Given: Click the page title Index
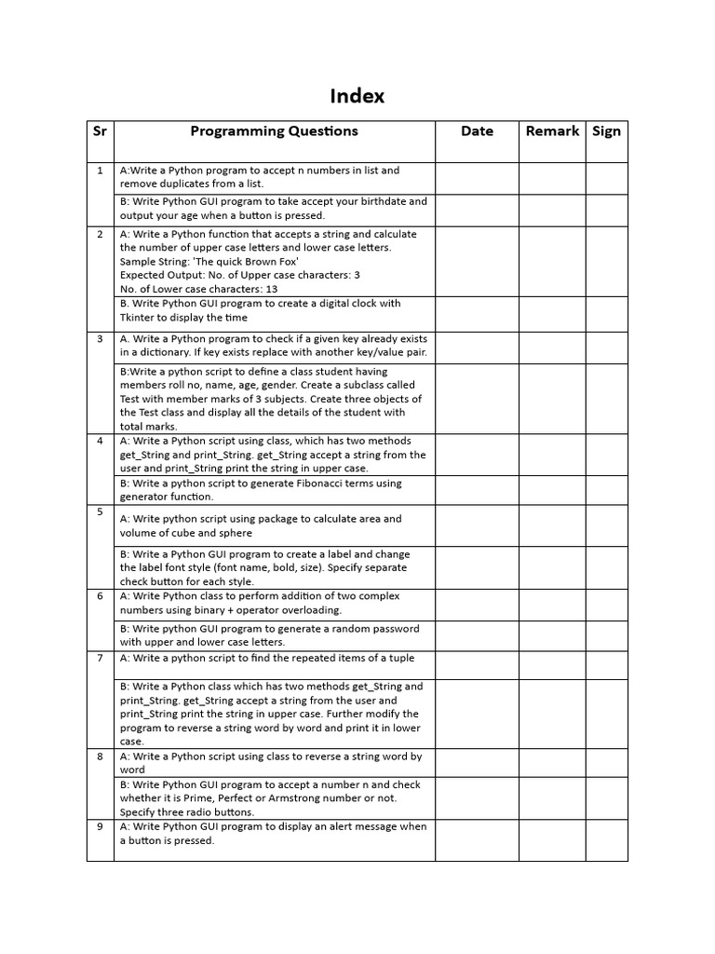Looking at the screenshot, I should point(357,96).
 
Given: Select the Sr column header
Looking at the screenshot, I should point(100,131).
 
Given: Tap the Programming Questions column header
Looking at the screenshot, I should point(274,131).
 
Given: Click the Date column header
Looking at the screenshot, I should point(477,131).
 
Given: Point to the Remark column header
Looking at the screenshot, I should point(552,131).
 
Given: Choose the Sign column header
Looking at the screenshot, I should point(606,131).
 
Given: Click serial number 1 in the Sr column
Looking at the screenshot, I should point(100,170).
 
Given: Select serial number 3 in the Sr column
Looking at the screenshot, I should point(100,339).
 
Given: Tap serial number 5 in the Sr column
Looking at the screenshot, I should point(100,511).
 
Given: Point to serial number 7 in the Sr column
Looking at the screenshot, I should point(100,658).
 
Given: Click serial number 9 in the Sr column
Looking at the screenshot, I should point(100,826).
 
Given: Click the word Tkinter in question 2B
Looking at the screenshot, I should point(140,318).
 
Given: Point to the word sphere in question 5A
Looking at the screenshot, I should point(235,533).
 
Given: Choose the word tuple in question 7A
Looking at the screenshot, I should point(398,658).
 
